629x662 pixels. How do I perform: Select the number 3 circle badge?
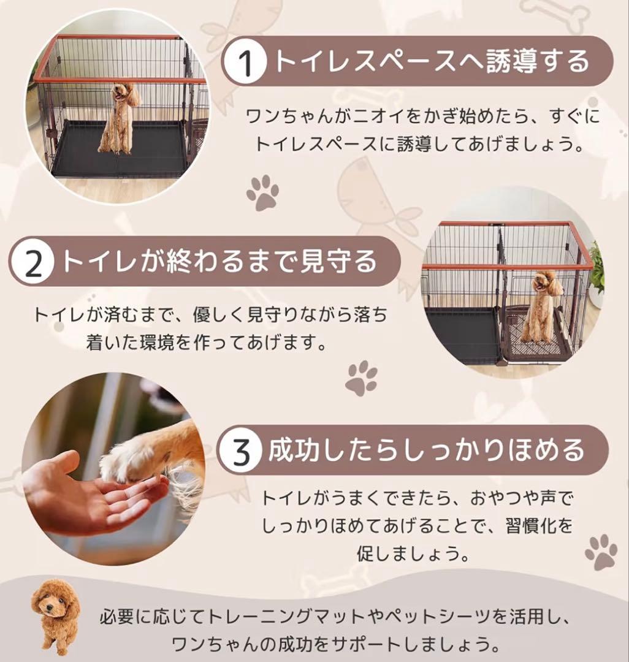[x=243, y=451]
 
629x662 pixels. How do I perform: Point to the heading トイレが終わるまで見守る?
[x=218, y=262]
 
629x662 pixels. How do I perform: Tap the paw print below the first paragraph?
[x=262, y=192]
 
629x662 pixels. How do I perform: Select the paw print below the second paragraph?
[x=361, y=378]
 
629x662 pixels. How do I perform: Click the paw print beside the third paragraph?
[x=600, y=552]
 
